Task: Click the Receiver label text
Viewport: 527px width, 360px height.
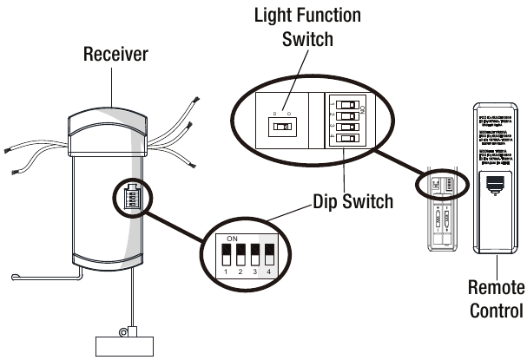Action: (115, 55)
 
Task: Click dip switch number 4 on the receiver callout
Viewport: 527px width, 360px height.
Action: (268, 253)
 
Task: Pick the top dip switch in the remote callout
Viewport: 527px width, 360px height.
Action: (347, 102)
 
